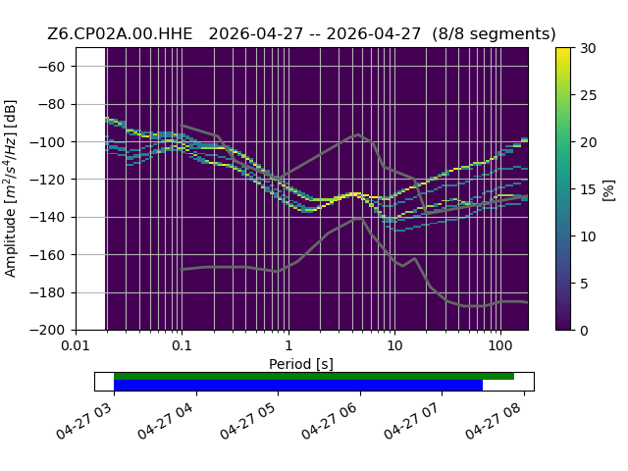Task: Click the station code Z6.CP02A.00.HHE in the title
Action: (120, 34)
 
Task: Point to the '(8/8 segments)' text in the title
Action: (494, 34)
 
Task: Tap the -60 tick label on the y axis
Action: (51, 67)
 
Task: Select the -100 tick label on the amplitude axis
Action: (48, 141)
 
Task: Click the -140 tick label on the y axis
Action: (48, 217)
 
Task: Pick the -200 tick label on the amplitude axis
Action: (48, 331)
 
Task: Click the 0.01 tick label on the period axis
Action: (76, 345)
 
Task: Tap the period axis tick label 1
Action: (288, 345)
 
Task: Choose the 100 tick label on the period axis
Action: (500, 345)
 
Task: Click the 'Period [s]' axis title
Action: (301, 364)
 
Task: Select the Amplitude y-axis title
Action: (11, 188)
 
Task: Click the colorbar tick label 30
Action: (589, 48)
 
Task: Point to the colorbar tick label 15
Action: (589, 189)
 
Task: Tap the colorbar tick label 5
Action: (585, 284)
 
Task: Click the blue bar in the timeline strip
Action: (298, 386)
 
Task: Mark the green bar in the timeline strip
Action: (314, 376)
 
